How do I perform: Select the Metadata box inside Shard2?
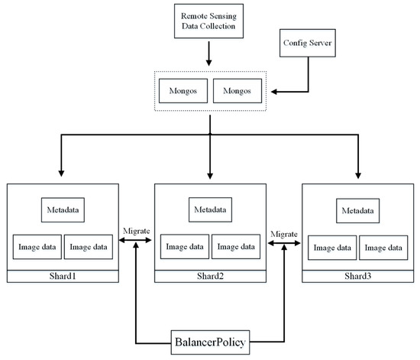click(210, 207)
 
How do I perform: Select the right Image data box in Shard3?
click(383, 248)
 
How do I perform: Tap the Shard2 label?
click(210, 276)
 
